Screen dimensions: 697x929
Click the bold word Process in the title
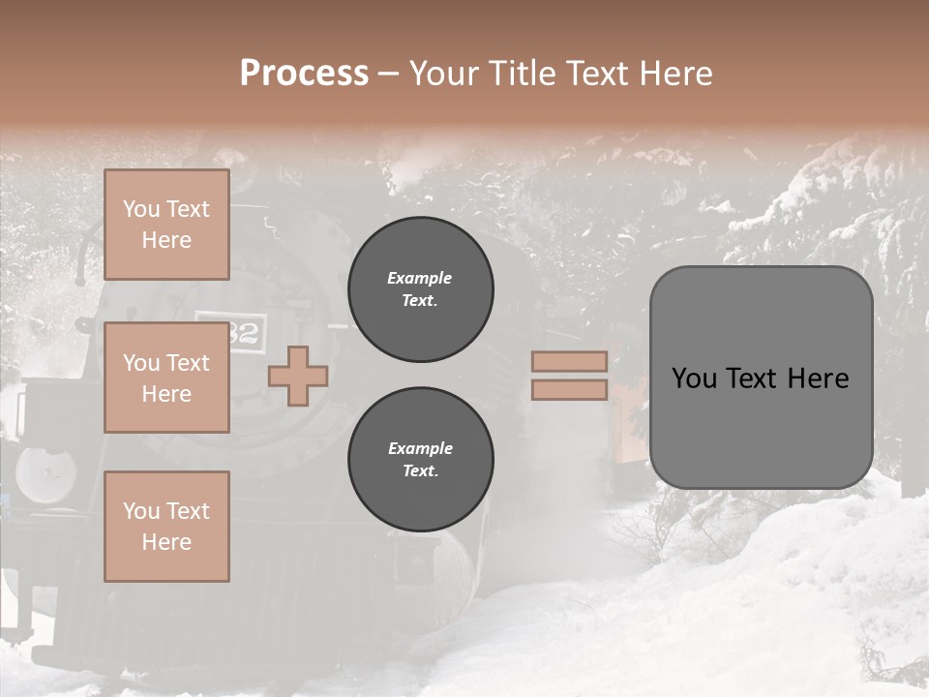point(304,74)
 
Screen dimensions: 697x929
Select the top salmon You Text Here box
point(166,225)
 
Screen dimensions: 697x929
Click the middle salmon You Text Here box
point(166,378)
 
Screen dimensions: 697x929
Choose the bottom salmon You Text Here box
point(166,527)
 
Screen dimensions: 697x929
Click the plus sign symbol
point(298,376)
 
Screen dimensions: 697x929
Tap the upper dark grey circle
point(421,289)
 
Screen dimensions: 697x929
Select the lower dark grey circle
point(421,460)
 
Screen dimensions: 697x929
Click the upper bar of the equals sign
point(569,361)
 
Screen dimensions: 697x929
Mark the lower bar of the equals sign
point(569,390)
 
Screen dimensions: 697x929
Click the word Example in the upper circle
point(420,278)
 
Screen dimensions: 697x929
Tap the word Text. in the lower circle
point(421,471)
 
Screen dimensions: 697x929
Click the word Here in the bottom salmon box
point(166,542)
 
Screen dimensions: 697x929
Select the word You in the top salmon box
point(141,209)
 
